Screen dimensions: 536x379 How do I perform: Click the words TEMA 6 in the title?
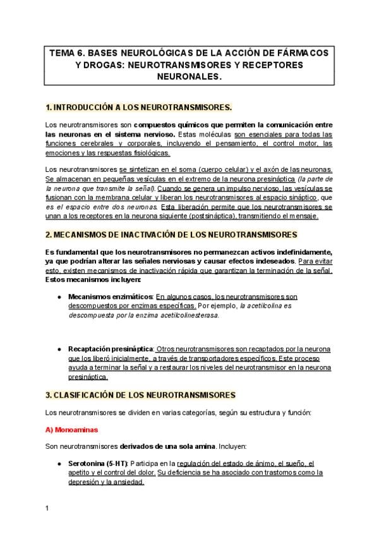66,53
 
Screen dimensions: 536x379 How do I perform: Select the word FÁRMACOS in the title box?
301,53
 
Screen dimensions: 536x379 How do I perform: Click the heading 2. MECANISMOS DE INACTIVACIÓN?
171,234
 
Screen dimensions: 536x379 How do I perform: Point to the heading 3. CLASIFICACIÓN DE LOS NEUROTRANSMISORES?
140,395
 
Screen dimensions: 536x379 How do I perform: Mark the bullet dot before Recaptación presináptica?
59,349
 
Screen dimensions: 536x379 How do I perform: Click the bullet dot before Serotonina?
59,463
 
